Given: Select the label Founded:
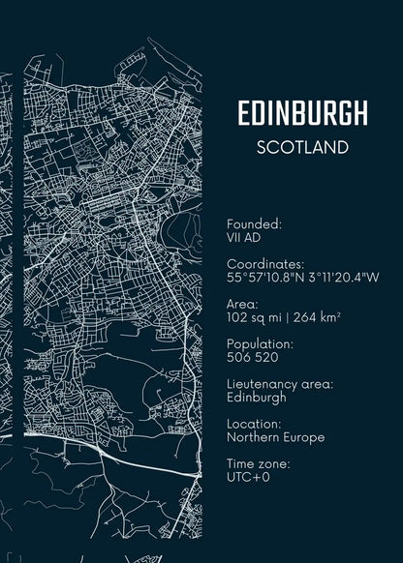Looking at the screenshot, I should click(x=254, y=223).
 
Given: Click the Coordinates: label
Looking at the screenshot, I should click(x=265, y=263).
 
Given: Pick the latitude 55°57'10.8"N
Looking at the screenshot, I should click(x=267, y=277).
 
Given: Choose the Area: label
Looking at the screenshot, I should click(x=242, y=304).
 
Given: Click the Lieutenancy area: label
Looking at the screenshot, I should click(x=280, y=384).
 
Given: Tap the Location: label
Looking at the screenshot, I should click(x=255, y=424).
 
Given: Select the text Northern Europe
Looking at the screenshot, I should click(x=275, y=437).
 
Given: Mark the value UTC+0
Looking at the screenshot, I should click(x=249, y=478).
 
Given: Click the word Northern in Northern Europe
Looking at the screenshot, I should click(x=253, y=437).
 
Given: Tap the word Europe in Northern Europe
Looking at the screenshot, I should click(x=304, y=437).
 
